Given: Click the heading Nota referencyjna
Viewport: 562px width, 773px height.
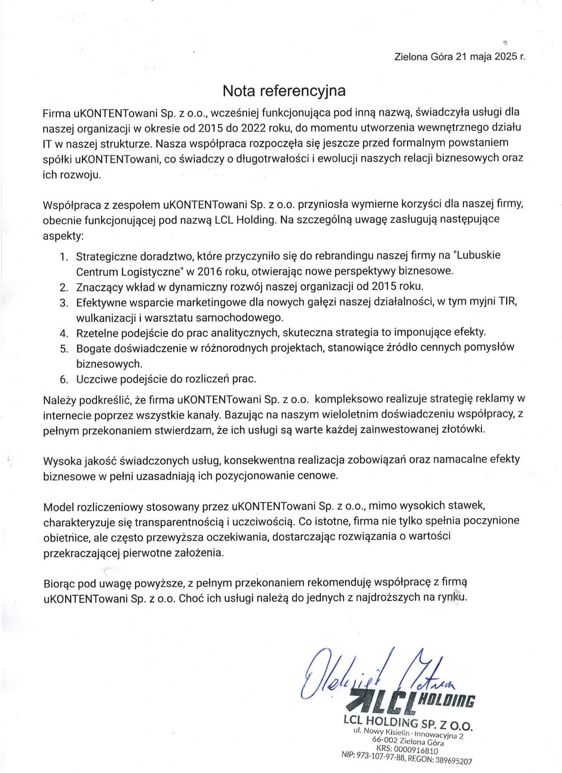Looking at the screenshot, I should coord(284,90).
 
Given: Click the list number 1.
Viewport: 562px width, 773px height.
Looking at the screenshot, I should coord(64,257).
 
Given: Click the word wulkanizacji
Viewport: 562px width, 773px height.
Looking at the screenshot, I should coord(106,317).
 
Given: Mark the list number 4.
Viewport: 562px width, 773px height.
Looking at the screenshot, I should coord(64,333).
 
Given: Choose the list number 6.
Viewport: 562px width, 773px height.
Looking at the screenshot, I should coord(64,379).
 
